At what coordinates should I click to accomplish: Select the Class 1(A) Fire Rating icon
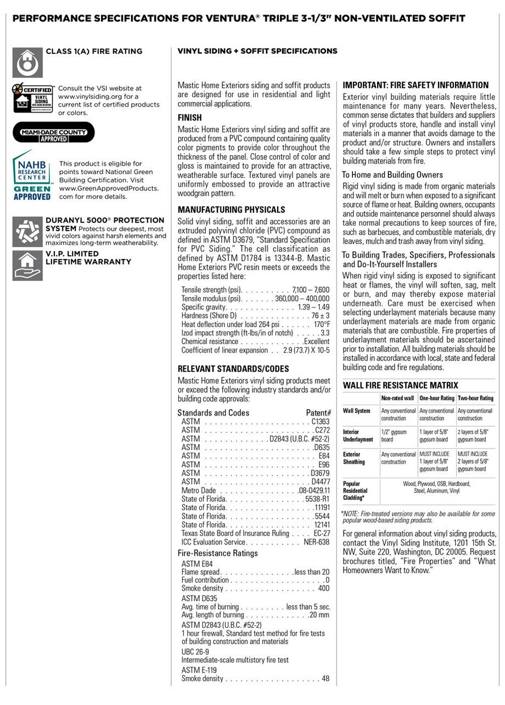point(27,63)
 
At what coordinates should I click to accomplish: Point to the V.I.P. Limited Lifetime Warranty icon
point(27,266)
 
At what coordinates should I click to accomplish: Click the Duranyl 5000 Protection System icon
point(27,232)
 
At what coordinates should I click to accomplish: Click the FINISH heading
point(189,117)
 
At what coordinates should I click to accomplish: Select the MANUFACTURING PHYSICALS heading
point(231,210)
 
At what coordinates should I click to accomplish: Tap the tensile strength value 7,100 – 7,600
point(311,289)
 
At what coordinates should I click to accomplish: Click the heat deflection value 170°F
point(321,324)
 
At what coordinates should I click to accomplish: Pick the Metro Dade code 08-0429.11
point(314,490)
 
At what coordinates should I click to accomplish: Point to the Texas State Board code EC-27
point(322,533)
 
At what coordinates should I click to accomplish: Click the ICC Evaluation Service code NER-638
point(316,542)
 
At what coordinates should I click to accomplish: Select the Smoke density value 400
point(323,589)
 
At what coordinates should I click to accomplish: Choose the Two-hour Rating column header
point(475,398)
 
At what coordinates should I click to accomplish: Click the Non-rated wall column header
point(397,398)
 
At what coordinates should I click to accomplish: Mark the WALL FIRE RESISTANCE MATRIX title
point(400,385)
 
